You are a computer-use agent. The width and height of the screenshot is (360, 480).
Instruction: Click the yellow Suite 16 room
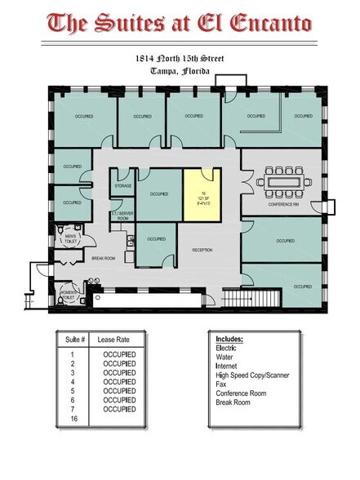point(201,195)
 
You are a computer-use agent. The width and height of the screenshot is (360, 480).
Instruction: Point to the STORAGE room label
point(123,186)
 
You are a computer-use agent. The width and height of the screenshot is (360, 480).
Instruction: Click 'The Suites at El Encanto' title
point(179,23)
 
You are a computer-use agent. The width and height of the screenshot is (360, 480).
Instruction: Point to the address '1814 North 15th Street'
point(180,60)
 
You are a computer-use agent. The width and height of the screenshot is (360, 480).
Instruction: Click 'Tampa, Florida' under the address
point(180,71)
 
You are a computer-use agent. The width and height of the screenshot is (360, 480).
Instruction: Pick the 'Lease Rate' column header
point(113,339)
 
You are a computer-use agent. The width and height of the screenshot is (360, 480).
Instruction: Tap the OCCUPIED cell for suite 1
point(119,355)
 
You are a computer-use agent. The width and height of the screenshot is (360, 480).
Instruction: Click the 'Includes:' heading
point(229,338)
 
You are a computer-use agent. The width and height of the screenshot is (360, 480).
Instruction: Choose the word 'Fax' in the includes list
point(221,384)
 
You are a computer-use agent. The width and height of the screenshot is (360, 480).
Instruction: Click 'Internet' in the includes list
point(228,366)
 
